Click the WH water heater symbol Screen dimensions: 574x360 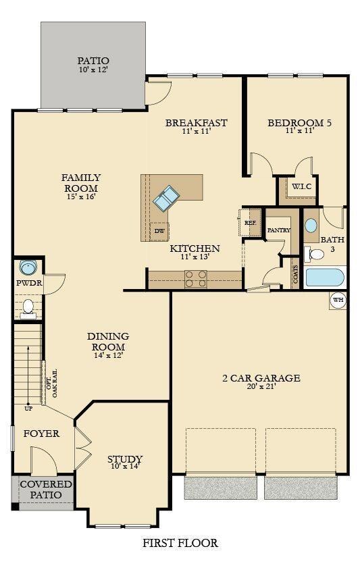pyautogui.click(x=338, y=300)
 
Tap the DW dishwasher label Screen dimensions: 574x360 pyautogui.click(x=159, y=231)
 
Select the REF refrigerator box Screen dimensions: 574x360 pyautogui.click(x=250, y=223)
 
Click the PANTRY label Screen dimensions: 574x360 pyautogui.click(x=278, y=230)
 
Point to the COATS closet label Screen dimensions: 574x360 pyautogui.click(x=295, y=273)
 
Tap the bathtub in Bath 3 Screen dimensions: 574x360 pyautogui.click(x=325, y=278)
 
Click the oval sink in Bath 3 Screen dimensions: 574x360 pyautogui.click(x=311, y=226)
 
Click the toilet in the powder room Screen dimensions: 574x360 pyautogui.click(x=28, y=307)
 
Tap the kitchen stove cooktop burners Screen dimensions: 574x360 pyautogui.click(x=196, y=279)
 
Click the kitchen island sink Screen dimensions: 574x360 pyautogui.click(x=165, y=199)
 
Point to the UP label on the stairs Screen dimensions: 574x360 pyautogui.click(x=28, y=409)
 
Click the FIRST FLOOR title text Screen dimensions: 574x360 pyautogui.click(x=180, y=542)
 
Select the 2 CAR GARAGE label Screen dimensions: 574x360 pyautogui.click(x=261, y=378)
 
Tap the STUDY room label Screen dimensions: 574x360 pyautogui.click(x=125, y=460)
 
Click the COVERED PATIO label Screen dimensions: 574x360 pyautogui.click(x=46, y=490)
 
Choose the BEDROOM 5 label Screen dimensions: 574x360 pyautogui.click(x=299, y=123)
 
